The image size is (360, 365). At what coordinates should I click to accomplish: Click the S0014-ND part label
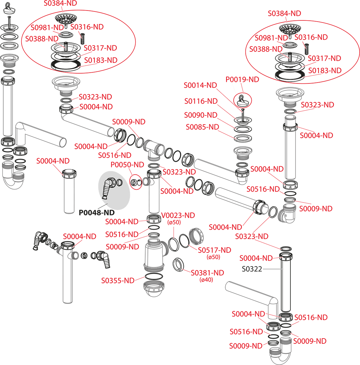tap(200, 85)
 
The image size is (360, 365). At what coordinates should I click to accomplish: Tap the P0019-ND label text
tap(242, 80)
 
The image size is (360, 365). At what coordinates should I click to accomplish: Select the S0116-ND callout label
tap(201, 101)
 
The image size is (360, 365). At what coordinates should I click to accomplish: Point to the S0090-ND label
tap(201, 115)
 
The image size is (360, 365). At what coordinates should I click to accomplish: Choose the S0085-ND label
tap(202, 127)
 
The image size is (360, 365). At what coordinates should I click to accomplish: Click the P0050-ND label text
tap(127, 165)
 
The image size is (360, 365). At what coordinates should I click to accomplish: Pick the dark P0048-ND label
tap(96, 213)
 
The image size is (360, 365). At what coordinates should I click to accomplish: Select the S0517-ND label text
tap(214, 250)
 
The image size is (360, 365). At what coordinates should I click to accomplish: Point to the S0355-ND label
tap(118, 280)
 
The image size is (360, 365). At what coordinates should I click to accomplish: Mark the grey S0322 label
tap(252, 269)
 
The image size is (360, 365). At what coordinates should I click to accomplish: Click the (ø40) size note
tap(206, 280)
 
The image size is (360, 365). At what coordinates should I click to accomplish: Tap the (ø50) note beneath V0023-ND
tap(174, 222)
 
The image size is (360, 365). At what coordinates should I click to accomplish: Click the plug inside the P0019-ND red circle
tap(242, 100)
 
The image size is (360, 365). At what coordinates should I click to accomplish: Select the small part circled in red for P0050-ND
tap(136, 182)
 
